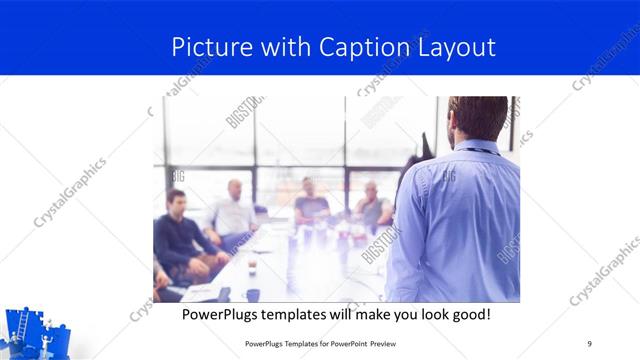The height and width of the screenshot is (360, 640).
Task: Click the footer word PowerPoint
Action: [347, 343]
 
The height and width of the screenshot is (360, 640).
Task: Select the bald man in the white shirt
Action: [234, 210]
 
